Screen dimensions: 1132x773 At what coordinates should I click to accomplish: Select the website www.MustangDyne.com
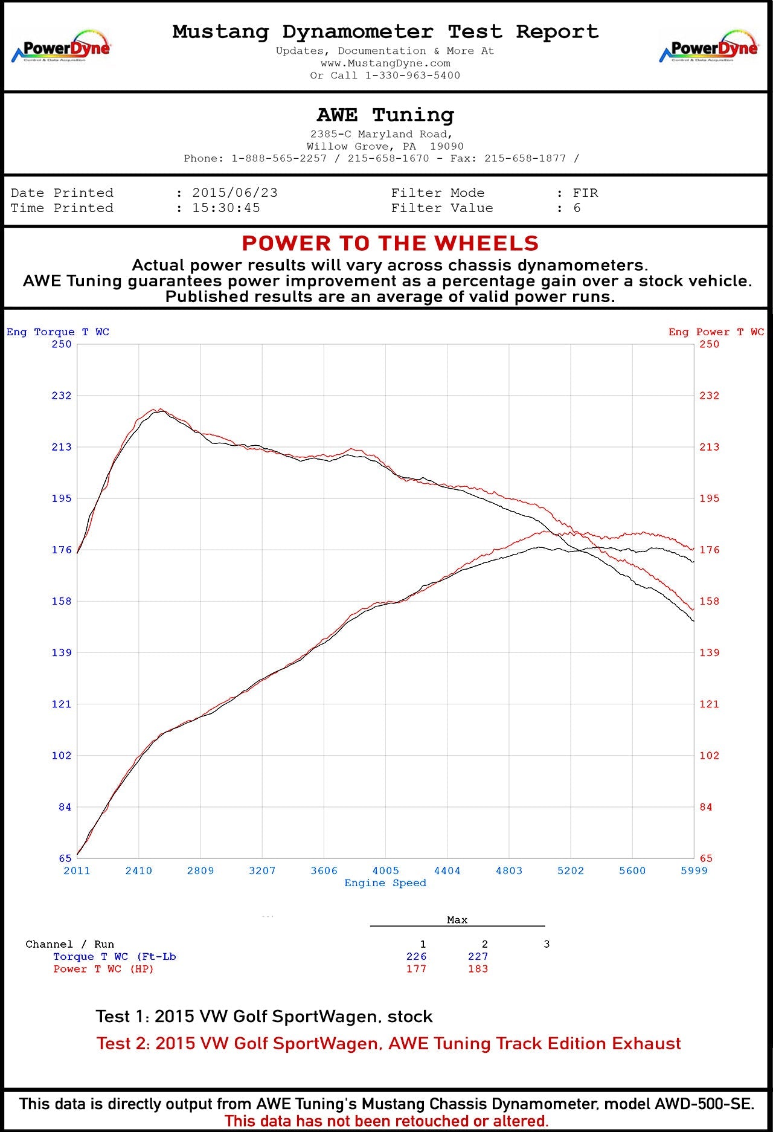click(x=385, y=63)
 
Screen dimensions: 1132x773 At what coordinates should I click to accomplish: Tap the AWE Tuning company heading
click(x=385, y=115)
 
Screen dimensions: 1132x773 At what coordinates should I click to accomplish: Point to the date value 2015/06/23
click(x=235, y=193)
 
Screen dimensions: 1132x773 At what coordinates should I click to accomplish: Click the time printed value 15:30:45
click(x=226, y=208)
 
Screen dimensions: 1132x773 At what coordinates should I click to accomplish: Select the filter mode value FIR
click(x=585, y=193)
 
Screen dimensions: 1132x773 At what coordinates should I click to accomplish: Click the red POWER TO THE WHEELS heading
click(x=390, y=243)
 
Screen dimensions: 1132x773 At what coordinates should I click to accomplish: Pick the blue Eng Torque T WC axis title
click(x=58, y=332)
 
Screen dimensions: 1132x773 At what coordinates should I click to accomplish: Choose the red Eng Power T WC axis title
click(x=716, y=332)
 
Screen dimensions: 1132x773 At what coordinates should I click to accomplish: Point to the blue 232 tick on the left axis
click(x=61, y=396)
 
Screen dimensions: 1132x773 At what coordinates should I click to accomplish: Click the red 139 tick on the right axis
click(x=709, y=652)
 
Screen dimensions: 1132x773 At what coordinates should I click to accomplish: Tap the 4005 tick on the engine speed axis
click(x=385, y=870)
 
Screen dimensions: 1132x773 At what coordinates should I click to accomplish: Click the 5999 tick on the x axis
click(x=694, y=870)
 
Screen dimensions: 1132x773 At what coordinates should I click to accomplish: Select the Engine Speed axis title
click(x=385, y=883)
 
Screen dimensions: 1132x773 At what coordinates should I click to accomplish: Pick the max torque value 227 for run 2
click(x=478, y=956)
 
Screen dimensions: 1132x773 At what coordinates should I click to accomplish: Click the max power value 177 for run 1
click(x=416, y=969)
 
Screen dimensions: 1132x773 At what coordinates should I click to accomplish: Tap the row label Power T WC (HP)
click(x=103, y=969)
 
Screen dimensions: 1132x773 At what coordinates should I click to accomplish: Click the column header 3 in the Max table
click(x=547, y=944)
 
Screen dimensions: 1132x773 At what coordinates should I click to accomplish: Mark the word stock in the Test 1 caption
click(x=410, y=1017)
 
